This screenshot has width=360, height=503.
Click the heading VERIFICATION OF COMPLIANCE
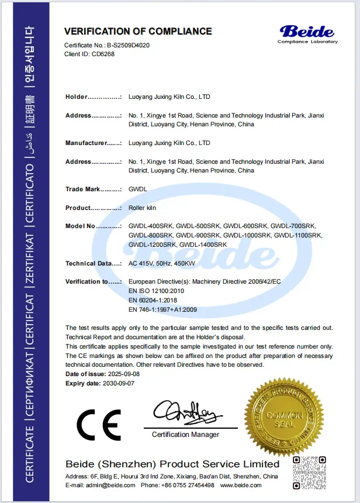[x=138, y=31]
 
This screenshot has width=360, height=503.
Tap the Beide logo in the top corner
[x=307, y=33]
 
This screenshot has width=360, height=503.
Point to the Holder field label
[x=77, y=97]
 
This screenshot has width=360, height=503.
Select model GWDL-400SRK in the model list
[x=151, y=226]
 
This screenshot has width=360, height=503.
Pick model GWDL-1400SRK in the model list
[x=203, y=244]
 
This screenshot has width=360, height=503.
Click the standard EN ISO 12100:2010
[x=157, y=291]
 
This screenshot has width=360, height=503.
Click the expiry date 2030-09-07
[x=118, y=383]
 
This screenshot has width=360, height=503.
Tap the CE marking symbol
[x=99, y=424]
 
